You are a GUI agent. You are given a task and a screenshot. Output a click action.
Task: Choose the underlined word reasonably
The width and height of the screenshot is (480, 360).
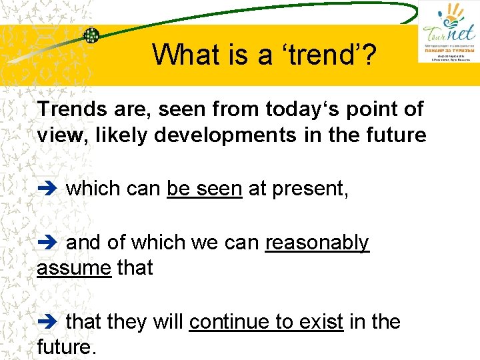tap(317, 243)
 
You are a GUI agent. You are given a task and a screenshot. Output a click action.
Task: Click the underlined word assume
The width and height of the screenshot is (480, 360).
tap(74, 268)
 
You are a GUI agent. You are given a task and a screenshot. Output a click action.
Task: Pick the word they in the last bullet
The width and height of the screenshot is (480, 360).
tap(127, 322)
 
